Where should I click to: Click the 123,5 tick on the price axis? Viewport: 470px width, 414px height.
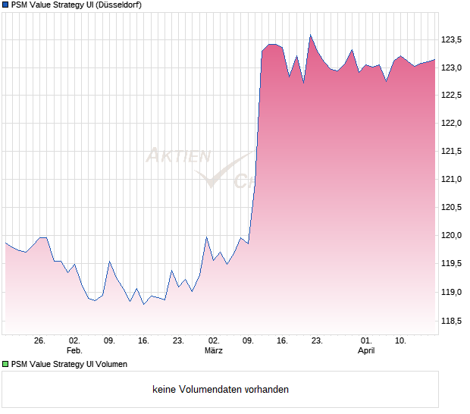point(453,39)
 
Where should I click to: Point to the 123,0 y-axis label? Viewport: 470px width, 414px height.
point(453,67)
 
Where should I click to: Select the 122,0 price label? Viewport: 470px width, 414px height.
point(453,124)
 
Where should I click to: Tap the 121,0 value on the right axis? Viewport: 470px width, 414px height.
point(453,180)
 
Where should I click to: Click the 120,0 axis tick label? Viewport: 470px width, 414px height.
point(453,236)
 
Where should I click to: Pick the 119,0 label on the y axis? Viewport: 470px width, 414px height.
point(453,292)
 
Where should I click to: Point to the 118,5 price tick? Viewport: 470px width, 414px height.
point(453,320)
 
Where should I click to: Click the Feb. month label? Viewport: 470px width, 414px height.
point(74,350)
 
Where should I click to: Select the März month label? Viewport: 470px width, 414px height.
point(214,350)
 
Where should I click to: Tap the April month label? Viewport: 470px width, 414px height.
point(366,350)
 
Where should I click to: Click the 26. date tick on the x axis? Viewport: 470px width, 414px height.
point(40,340)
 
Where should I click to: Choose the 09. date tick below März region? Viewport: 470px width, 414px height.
point(248,340)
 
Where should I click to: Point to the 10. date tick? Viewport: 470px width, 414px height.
point(400,340)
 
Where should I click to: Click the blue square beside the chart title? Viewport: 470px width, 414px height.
point(5,5)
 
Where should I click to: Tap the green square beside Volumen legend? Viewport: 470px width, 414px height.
point(5,364)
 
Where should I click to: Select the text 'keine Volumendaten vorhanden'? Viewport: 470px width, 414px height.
point(221,390)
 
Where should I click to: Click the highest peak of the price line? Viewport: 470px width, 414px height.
point(310,35)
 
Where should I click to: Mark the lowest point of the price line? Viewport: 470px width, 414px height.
point(143,304)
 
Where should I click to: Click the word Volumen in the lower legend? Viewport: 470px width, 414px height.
point(108,364)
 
